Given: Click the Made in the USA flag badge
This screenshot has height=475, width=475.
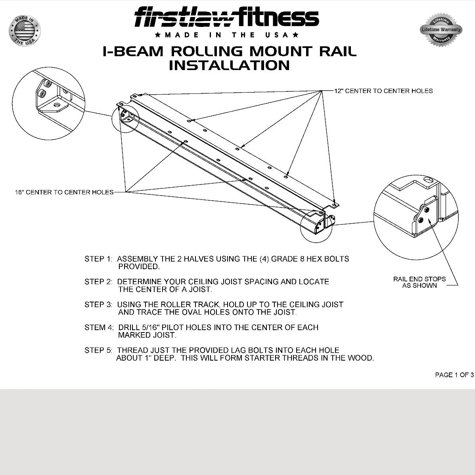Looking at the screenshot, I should [x=25, y=30].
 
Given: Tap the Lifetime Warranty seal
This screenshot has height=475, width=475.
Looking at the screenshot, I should [x=441, y=30].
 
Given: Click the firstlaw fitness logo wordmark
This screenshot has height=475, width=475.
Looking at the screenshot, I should [x=226, y=18].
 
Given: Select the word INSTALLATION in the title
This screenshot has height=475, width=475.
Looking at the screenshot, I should [x=229, y=65].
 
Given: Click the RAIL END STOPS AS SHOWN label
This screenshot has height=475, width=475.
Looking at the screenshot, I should [x=419, y=282].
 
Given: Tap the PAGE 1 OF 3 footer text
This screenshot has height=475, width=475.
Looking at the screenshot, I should [x=454, y=375].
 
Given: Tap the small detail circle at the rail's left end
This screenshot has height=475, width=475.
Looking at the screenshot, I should [x=126, y=118].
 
